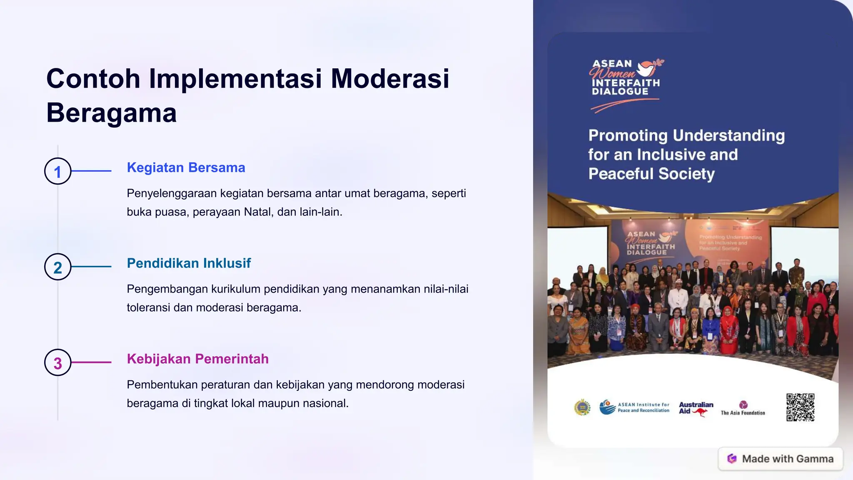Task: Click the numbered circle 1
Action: coord(58,171)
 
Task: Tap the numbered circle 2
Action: coord(58,267)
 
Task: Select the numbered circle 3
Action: coord(58,362)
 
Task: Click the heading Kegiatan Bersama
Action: coord(186,167)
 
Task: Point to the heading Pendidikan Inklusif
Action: coord(189,263)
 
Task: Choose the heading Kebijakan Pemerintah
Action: coord(197,359)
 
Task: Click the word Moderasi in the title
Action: coord(390,78)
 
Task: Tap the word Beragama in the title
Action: coord(112,113)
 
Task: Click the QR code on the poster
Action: coord(800,407)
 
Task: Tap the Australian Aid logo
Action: coord(696,408)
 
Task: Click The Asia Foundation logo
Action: coord(743,408)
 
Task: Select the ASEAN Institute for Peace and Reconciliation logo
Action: coord(634,407)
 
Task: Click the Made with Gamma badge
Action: coord(781,459)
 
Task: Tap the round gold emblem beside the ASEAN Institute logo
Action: coord(582,407)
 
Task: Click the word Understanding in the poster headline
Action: coord(728,136)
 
